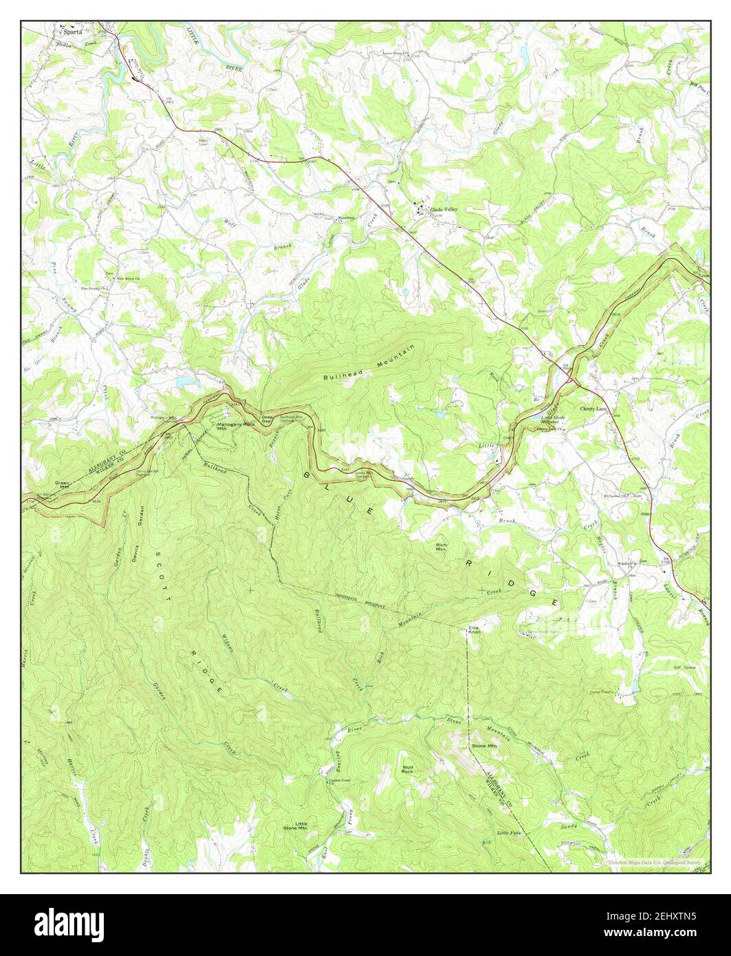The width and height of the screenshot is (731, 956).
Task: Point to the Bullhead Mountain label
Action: click(369, 365)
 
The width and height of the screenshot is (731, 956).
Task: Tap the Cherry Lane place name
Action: click(594, 409)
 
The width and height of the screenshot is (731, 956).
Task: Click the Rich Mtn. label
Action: click(441, 547)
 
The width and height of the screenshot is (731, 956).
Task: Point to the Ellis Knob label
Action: click(474, 629)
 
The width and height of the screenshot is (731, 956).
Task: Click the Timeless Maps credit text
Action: click(654, 862)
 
